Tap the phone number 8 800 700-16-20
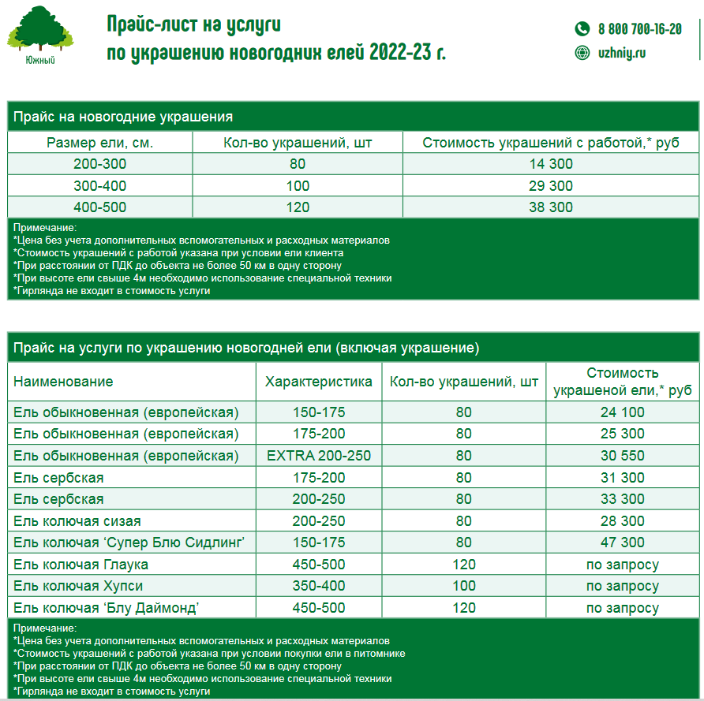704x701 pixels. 639,29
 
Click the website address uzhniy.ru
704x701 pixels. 622,53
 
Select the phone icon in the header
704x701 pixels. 582,29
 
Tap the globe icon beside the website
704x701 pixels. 582,53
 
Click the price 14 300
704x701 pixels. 551,164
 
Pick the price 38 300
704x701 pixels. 551,207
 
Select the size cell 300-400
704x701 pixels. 99,186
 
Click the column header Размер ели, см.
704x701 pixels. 99,143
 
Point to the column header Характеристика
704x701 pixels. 319,382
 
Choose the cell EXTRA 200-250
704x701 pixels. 319,456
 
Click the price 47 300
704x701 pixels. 622,543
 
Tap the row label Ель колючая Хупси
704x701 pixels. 78,586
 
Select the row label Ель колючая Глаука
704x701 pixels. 81,565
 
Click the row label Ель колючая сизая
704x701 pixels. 77,521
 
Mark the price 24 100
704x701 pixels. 622,412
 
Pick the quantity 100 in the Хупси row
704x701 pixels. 464,586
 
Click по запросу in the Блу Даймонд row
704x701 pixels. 622,608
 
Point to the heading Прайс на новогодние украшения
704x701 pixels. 123,117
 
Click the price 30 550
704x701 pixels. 622,456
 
